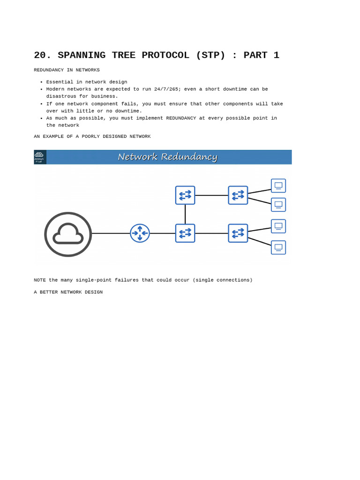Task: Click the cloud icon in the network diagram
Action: [68, 234]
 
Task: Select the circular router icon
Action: [140, 233]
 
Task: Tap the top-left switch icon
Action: [185, 195]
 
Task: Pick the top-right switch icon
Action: [238, 195]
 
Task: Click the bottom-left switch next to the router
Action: [185, 233]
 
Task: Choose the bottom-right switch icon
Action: [238, 233]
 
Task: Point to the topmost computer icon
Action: [278, 186]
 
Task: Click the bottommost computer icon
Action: [278, 247]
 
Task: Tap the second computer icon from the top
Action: [278, 205]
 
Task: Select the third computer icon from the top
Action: [278, 226]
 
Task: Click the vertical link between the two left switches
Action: [185, 214]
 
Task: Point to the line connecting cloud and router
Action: [111, 233]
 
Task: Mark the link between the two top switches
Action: [211, 195]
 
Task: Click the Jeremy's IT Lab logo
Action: [39, 157]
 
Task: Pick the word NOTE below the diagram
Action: [40, 280]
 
